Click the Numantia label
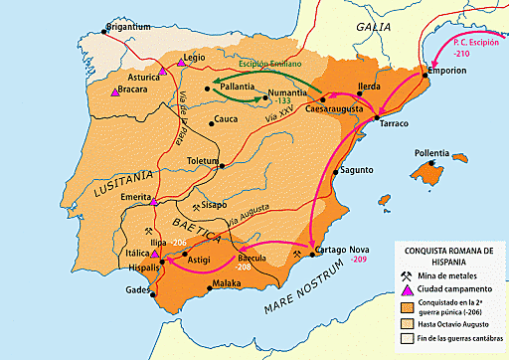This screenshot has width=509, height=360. coord(288,92)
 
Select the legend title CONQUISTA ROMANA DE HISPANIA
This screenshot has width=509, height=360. coord(449,255)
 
